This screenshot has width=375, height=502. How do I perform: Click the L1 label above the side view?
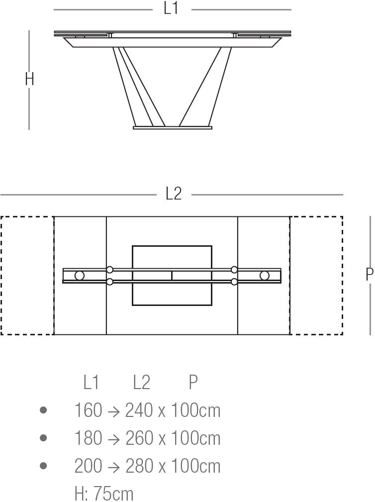(171, 8)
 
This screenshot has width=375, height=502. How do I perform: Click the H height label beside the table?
(29, 79)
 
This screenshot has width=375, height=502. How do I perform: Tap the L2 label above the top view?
(174, 194)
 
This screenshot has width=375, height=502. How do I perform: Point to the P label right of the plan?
(369, 275)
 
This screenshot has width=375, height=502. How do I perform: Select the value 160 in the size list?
(88, 410)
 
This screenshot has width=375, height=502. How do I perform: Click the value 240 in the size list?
(139, 410)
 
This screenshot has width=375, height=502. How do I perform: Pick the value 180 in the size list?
(88, 438)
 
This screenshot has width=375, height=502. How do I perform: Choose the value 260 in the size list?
(139, 438)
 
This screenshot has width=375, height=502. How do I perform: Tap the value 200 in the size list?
(88, 466)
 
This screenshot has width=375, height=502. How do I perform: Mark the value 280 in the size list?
(139, 466)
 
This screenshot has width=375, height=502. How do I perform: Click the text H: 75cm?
(103, 494)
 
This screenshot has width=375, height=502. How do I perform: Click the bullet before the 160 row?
(43, 410)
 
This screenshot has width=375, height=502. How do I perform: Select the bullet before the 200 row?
(43, 466)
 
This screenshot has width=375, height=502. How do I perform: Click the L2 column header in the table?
(141, 382)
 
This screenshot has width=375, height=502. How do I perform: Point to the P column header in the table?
(193, 382)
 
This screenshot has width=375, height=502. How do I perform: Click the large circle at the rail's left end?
(80, 275)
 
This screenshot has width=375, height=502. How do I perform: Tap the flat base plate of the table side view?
(173, 128)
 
